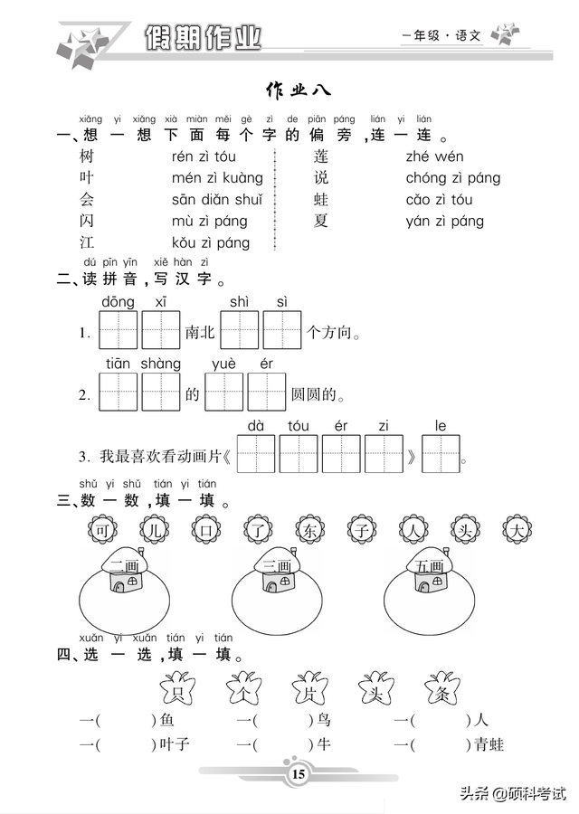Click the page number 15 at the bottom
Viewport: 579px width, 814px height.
pos(299,774)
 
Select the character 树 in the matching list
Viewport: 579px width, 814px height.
pos(87,156)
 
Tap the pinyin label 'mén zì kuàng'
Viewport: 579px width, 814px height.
pos(217,178)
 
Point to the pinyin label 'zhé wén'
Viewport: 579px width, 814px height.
pos(434,156)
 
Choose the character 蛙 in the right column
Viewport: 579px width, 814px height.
pos(321,199)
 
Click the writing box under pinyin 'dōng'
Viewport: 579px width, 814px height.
pos(119,330)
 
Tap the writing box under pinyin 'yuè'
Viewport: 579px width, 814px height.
pos(224,392)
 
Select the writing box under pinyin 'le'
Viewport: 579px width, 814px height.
pos(441,454)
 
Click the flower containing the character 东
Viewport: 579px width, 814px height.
pos(310,530)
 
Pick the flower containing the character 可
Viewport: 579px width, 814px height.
pos(103,530)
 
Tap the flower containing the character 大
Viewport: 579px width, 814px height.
pos(517,530)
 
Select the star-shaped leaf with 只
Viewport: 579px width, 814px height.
pos(177,688)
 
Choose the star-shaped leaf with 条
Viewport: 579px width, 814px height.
pos(441,688)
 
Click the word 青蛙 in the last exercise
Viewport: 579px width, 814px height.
pos(489,745)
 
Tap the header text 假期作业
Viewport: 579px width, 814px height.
pos(203,37)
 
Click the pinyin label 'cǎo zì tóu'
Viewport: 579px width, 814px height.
pos(440,199)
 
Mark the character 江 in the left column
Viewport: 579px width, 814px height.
pos(87,242)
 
